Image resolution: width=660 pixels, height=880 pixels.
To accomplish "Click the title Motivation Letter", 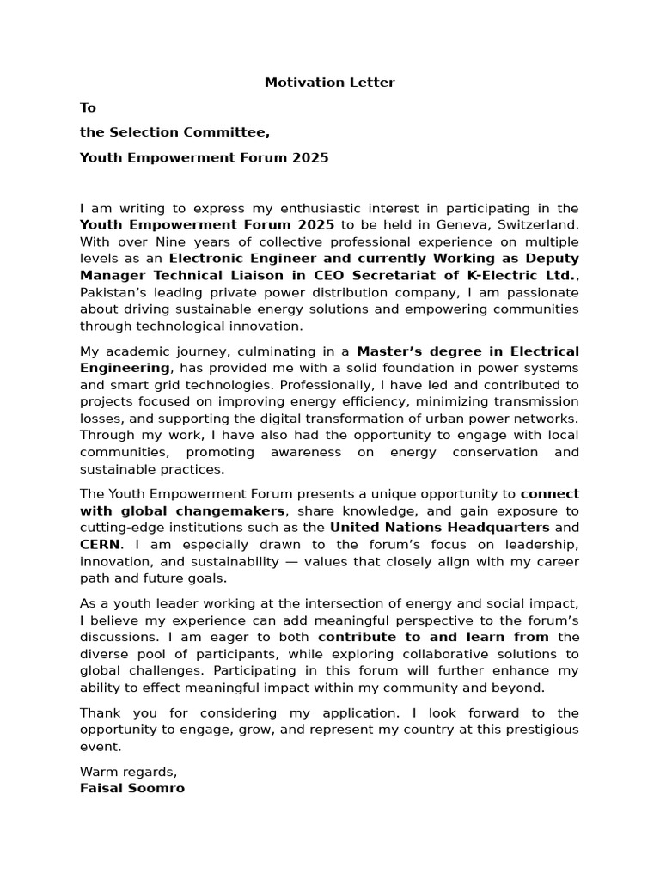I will (x=329, y=82).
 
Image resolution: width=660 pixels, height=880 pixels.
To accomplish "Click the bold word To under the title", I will (x=88, y=107).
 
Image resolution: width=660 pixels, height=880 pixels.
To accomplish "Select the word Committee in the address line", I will (x=234, y=132).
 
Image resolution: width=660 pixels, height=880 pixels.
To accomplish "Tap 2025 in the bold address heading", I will (x=310, y=157).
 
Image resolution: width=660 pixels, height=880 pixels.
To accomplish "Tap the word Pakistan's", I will (x=116, y=292).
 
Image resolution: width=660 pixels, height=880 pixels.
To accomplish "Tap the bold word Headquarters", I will (x=496, y=527).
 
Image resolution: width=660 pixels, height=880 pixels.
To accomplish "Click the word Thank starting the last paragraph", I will (x=99, y=712).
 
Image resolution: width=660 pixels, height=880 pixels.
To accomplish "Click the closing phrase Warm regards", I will (x=128, y=771).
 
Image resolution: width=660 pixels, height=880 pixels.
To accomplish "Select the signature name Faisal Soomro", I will (x=131, y=787).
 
